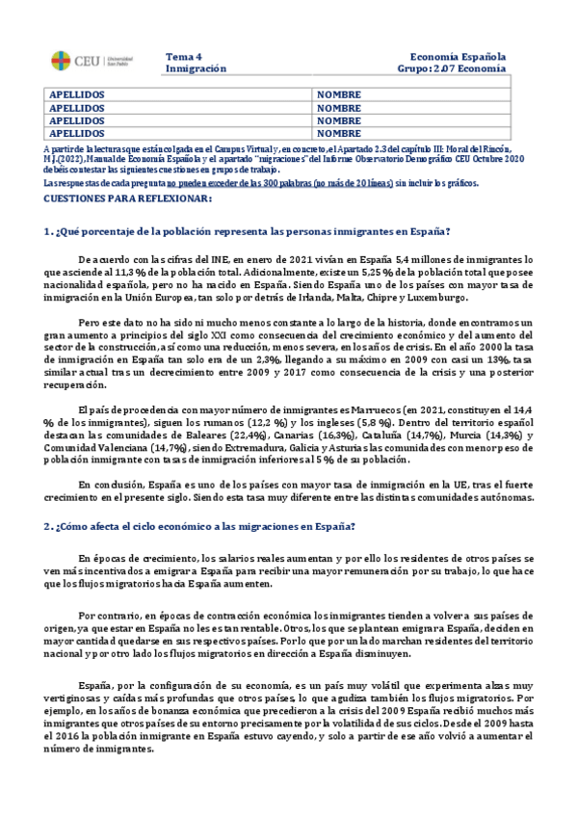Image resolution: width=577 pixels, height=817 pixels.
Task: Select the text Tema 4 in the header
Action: pyautogui.click(x=184, y=57)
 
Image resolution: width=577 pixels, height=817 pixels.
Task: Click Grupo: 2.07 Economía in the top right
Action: pyautogui.click(x=452, y=69)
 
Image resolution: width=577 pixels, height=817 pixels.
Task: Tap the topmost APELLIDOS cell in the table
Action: pyautogui.click(x=77, y=94)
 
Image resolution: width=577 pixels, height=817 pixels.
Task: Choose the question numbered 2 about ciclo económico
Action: pyautogui.click(x=200, y=526)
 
